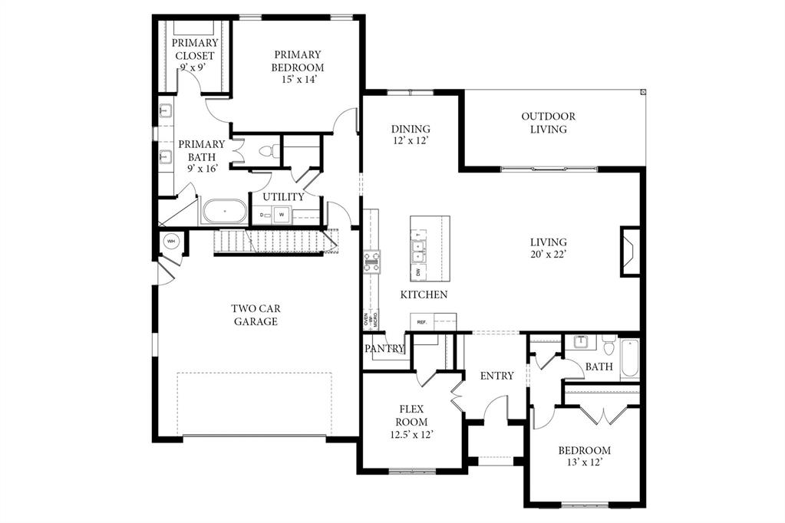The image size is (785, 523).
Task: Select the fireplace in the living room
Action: tap(629, 251)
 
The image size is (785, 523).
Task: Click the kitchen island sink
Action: tap(418, 246)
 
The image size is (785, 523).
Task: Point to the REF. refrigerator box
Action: tap(422, 322)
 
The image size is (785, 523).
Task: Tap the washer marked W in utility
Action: tap(282, 214)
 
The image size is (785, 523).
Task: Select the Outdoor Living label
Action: tap(548, 123)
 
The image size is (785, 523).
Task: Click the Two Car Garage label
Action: tap(256, 315)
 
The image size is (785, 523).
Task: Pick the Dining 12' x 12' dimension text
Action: tap(411, 141)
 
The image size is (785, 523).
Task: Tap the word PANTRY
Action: tap(384, 348)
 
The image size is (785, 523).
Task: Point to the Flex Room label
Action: tap(411, 422)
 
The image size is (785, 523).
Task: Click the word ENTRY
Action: tap(496, 376)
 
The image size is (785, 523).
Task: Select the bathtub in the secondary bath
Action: tap(629, 358)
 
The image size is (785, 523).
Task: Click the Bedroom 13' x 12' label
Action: tap(584, 456)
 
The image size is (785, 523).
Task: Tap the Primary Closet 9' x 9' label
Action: tap(195, 55)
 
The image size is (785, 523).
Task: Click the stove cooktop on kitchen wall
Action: tap(371, 262)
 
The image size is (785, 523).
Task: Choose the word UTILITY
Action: tap(283, 197)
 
